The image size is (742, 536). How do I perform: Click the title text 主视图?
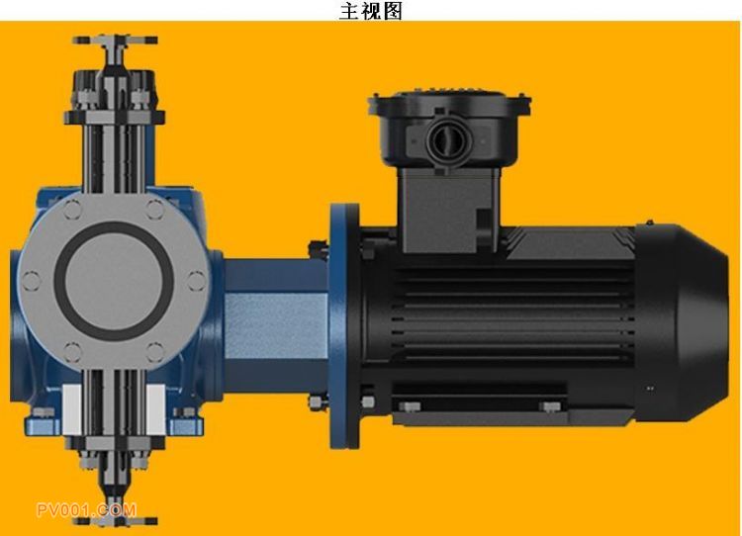tap(371, 11)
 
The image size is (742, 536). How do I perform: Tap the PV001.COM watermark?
tap(87, 510)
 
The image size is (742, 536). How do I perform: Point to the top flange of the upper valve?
tap(115, 41)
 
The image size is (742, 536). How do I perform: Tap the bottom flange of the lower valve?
tap(116, 521)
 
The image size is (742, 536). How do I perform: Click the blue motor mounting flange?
tap(344, 325)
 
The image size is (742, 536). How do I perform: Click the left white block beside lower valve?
tap(72, 409)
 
